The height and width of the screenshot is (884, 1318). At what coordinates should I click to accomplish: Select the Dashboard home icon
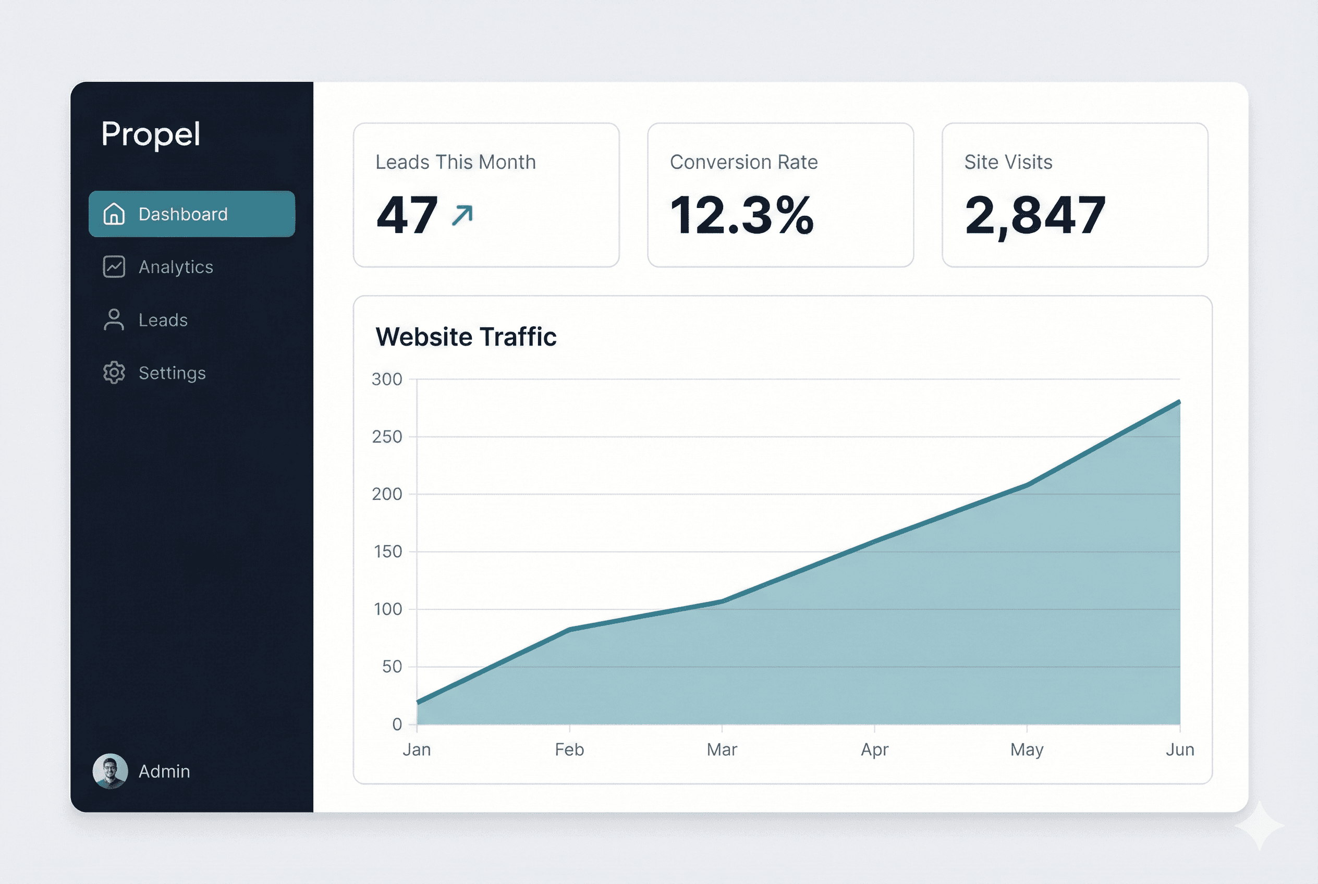(x=114, y=214)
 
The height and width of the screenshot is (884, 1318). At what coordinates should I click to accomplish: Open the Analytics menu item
(x=175, y=267)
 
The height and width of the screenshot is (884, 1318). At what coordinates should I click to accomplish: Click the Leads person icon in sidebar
(x=114, y=320)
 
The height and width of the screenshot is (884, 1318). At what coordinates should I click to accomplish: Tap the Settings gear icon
(x=114, y=373)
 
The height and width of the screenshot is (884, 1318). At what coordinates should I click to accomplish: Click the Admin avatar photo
(x=110, y=771)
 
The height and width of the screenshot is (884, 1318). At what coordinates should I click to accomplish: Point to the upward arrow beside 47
(x=462, y=215)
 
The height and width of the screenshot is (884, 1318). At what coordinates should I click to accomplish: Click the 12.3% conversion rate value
(x=741, y=215)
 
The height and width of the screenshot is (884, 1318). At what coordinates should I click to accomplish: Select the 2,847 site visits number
(x=1035, y=215)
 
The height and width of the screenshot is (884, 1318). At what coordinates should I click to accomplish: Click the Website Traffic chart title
(x=466, y=337)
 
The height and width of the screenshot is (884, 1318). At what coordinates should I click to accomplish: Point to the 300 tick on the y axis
(x=387, y=379)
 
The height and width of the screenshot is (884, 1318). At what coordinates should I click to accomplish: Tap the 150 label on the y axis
(x=387, y=552)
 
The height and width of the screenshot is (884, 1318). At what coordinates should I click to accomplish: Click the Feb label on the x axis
(x=569, y=750)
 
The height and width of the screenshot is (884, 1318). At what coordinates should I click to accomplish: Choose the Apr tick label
(x=874, y=750)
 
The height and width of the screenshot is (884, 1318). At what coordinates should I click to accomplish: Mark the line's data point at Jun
(x=1179, y=401)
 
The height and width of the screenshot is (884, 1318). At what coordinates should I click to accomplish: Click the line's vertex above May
(x=1027, y=484)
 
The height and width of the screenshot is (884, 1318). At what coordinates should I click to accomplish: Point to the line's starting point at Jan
(x=417, y=702)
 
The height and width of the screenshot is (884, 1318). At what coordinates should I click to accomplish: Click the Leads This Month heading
(x=456, y=163)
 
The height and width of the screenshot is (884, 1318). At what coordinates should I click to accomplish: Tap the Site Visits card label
(x=1008, y=163)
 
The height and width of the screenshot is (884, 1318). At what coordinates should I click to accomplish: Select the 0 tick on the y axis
(x=397, y=725)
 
